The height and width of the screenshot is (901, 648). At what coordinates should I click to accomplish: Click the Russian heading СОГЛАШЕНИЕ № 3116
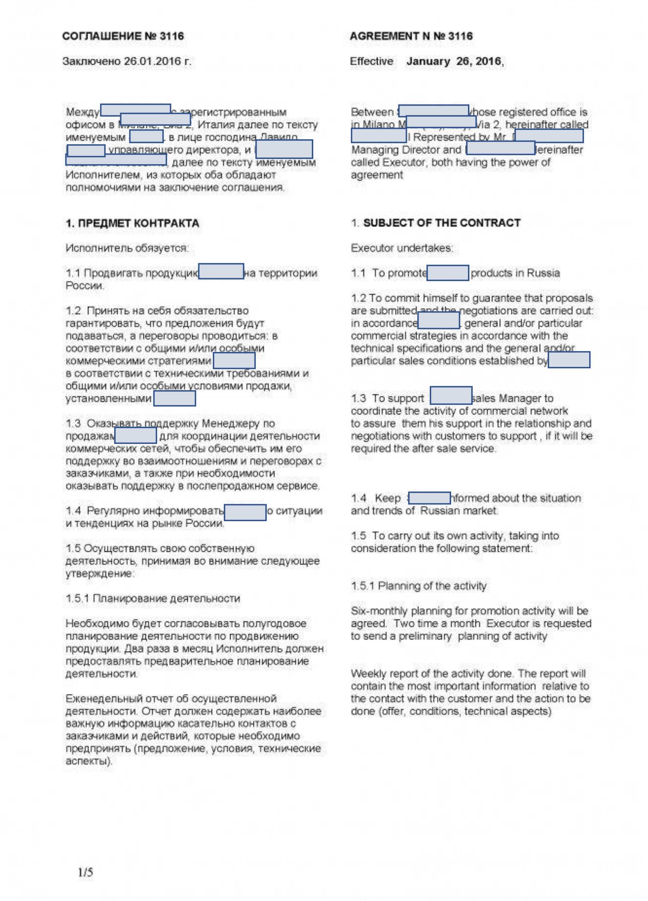point(123,36)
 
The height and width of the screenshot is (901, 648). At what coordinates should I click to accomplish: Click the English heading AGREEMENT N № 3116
point(411,36)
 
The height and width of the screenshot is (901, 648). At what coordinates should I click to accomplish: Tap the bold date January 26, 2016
point(454,61)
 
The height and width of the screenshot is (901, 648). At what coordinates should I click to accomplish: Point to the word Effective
point(371,61)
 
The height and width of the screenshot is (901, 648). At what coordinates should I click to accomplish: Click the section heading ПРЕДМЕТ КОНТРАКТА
point(139,223)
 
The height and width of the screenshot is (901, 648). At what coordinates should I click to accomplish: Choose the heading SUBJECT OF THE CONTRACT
point(441,223)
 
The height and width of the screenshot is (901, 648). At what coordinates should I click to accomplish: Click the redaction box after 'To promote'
point(447,273)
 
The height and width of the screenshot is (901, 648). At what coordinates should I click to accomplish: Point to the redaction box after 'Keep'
point(429,498)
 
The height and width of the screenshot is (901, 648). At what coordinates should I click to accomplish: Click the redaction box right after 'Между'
point(136,110)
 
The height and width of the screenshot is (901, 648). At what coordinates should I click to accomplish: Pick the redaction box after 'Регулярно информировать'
point(245,512)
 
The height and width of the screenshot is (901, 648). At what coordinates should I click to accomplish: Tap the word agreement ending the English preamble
point(377,175)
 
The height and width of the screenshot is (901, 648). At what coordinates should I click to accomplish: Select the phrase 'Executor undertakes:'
point(402,248)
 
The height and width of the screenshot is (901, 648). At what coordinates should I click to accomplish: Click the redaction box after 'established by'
point(569,360)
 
